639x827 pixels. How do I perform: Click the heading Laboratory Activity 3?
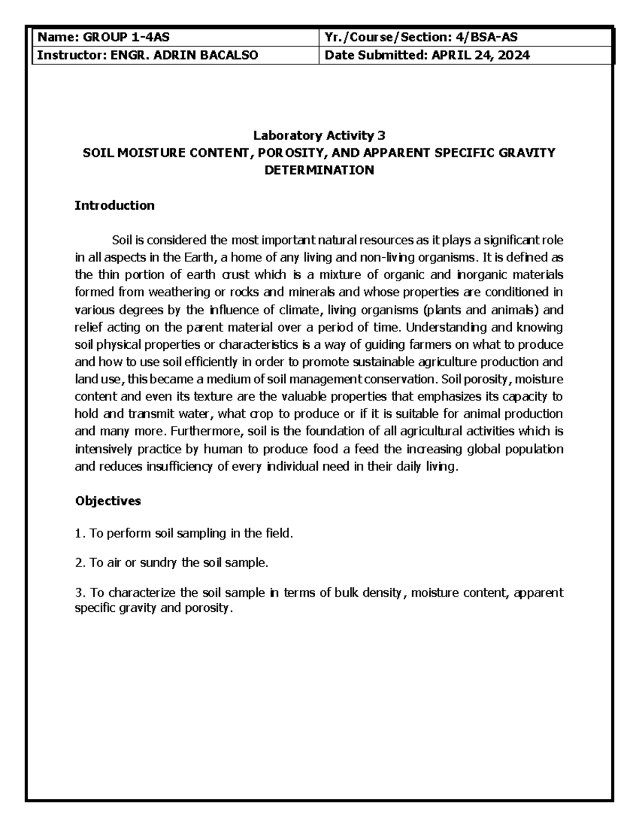319,135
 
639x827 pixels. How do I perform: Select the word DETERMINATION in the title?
319,170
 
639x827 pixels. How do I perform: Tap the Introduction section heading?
114,206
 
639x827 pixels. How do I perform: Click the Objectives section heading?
108,501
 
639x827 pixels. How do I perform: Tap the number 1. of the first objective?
80,534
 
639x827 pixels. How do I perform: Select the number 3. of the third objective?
80,593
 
